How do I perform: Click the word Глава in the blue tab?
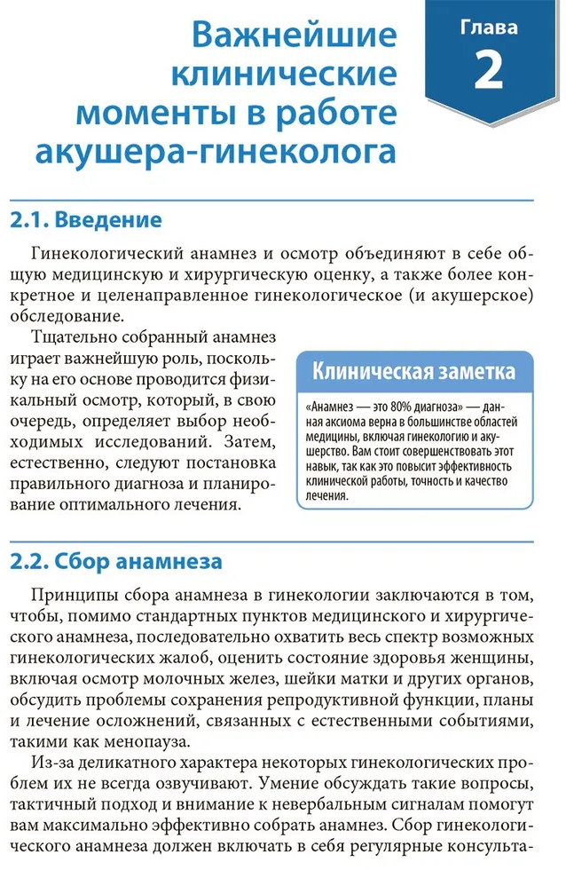[489, 28]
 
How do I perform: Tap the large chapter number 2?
[489, 71]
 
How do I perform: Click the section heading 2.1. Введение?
[86, 220]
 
